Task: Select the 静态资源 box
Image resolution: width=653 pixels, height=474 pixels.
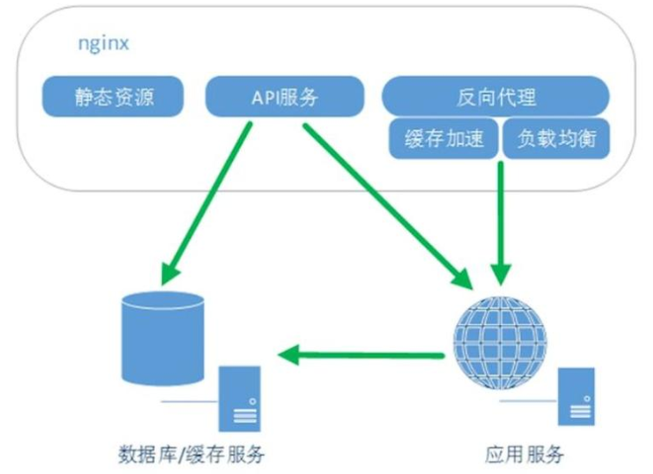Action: [x=113, y=97]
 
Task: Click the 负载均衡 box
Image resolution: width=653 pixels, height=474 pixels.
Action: [x=556, y=139]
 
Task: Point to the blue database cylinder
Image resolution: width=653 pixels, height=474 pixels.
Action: [x=163, y=337]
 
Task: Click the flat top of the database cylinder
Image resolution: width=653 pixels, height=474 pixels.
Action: [x=163, y=303]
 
